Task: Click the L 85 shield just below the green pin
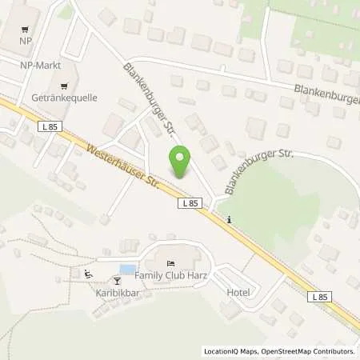pyautogui.click(x=188, y=204)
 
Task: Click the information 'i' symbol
pyautogui.click(x=230, y=220)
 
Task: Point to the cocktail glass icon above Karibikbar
pyautogui.click(x=117, y=279)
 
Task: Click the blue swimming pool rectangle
pyautogui.click(x=126, y=269)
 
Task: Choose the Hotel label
pyautogui.click(x=238, y=293)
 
